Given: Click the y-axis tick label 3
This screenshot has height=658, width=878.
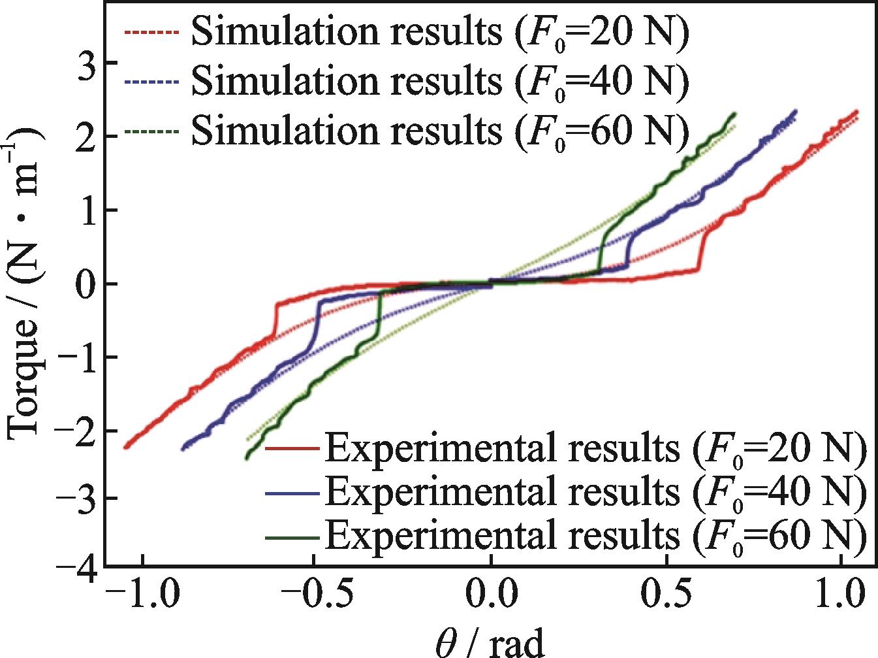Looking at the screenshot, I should tap(84, 63).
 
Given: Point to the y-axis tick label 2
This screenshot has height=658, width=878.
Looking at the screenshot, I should tap(84, 137).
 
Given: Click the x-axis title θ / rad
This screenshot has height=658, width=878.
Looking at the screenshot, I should tap(490, 643).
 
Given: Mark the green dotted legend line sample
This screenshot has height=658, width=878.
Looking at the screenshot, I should tap(150, 133).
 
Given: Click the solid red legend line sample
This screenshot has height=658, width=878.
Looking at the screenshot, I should tap(292, 450).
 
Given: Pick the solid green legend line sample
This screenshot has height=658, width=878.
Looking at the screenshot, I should tap(292, 538).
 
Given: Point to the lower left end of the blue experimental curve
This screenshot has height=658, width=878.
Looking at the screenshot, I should tap(183, 449).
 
